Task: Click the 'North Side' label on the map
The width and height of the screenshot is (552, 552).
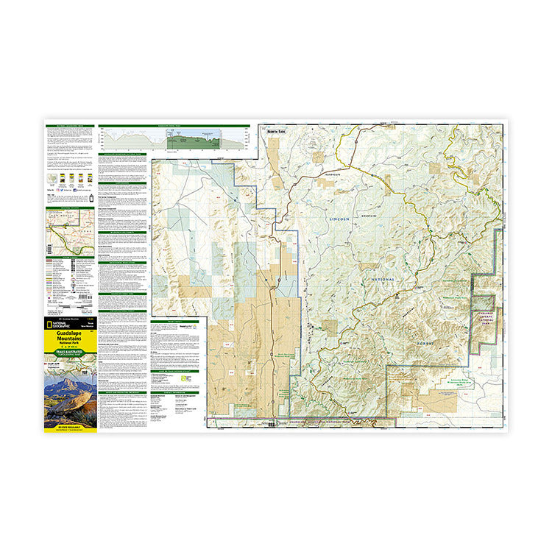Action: point(275,130)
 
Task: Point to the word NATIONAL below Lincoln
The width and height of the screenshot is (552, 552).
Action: point(378,280)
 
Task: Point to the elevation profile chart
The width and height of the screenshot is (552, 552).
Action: point(174,139)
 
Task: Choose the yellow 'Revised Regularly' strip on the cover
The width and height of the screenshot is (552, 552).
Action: point(71,426)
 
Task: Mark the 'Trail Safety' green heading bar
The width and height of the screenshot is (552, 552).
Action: point(173,322)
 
